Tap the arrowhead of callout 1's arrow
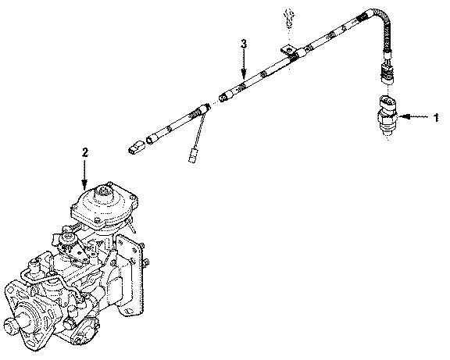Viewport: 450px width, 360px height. [405, 118]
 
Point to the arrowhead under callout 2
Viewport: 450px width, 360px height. [85, 185]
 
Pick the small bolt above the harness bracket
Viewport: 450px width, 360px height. [287, 20]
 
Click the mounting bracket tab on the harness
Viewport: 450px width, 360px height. [292, 55]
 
